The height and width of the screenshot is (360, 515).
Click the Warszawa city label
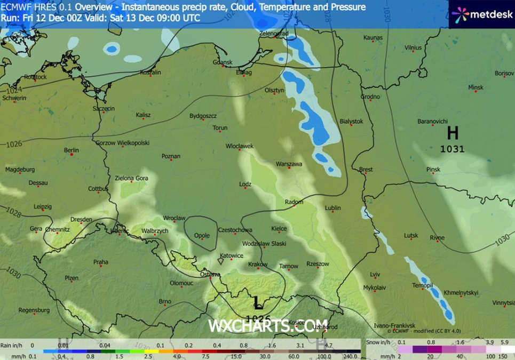point(289,164)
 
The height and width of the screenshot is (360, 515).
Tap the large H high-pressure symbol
point(453,133)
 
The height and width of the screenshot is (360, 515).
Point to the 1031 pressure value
point(452,149)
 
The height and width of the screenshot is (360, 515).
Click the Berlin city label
point(71,150)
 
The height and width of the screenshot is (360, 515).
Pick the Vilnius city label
point(413,47)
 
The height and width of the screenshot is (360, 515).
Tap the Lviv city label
point(375,275)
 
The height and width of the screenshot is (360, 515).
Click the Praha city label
point(100,262)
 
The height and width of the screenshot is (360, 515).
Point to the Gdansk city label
point(223,62)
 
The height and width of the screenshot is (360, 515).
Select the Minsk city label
point(476,87)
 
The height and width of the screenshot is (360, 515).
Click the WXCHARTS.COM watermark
point(260,325)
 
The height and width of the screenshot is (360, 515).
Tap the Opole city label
point(202,235)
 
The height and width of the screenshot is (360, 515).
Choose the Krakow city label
point(258,265)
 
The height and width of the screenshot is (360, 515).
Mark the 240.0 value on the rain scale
point(351,356)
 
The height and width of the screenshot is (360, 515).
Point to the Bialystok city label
point(351,122)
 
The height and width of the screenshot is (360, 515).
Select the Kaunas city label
point(373,38)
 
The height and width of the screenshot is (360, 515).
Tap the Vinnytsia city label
point(503,302)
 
